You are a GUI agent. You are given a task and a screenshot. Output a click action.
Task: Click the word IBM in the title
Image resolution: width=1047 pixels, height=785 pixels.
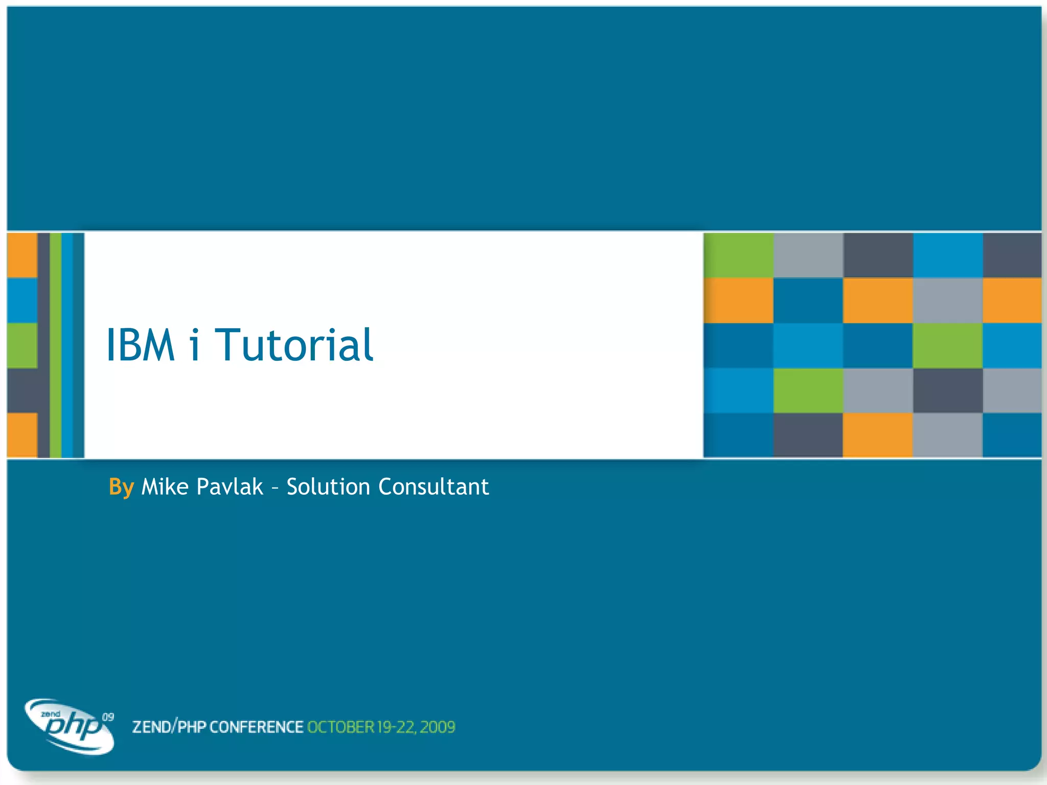point(140,345)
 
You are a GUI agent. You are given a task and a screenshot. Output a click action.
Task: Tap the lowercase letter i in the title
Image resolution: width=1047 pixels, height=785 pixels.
point(194,345)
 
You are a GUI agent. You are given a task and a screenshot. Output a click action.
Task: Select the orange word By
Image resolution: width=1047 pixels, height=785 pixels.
point(121,487)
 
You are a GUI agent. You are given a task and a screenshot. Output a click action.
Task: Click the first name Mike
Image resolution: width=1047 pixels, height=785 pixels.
point(165,487)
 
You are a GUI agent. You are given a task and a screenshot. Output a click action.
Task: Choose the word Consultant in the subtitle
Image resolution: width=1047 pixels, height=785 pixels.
point(434,487)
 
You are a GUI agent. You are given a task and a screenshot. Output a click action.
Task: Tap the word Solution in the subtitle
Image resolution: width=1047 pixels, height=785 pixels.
point(328,487)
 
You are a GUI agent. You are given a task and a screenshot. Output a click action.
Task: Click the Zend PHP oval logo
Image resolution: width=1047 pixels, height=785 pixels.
point(69,726)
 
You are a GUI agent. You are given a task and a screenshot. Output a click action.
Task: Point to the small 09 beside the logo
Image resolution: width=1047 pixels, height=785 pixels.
point(108,717)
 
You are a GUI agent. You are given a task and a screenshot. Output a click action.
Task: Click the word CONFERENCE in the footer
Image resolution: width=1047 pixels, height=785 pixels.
point(256,727)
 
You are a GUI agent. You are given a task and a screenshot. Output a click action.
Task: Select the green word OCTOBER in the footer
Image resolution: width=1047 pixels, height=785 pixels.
point(340,727)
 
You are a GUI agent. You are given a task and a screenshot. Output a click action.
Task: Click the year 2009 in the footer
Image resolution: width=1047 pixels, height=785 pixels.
point(438,727)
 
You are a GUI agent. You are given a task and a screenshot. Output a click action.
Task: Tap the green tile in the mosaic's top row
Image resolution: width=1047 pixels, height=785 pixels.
point(738,255)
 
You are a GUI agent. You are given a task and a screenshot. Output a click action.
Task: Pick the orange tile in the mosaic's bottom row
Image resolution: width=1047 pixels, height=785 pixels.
point(877,435)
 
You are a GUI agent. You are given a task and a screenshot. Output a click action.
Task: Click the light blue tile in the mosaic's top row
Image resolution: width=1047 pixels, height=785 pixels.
point(947,255)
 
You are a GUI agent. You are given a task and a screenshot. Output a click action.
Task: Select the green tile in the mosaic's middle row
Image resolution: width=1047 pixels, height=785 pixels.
point(947,345)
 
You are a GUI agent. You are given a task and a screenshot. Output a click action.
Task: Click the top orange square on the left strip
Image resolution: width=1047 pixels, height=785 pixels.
point(22,255)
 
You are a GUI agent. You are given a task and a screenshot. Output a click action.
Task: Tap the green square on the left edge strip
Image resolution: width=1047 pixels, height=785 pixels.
point(22,345)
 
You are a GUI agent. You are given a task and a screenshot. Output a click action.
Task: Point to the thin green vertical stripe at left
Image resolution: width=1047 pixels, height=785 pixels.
point(56,345)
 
